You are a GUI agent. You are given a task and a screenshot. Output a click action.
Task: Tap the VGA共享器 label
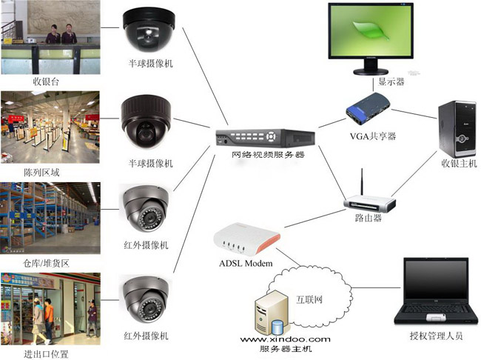(373, 136)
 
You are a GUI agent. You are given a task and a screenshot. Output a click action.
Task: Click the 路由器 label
(368, 219)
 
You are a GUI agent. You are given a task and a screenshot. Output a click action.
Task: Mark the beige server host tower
(269, 312)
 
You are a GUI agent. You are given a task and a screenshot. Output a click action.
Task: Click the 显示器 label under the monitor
(391, 81)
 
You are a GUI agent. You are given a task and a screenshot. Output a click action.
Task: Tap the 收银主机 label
(460, 163)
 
